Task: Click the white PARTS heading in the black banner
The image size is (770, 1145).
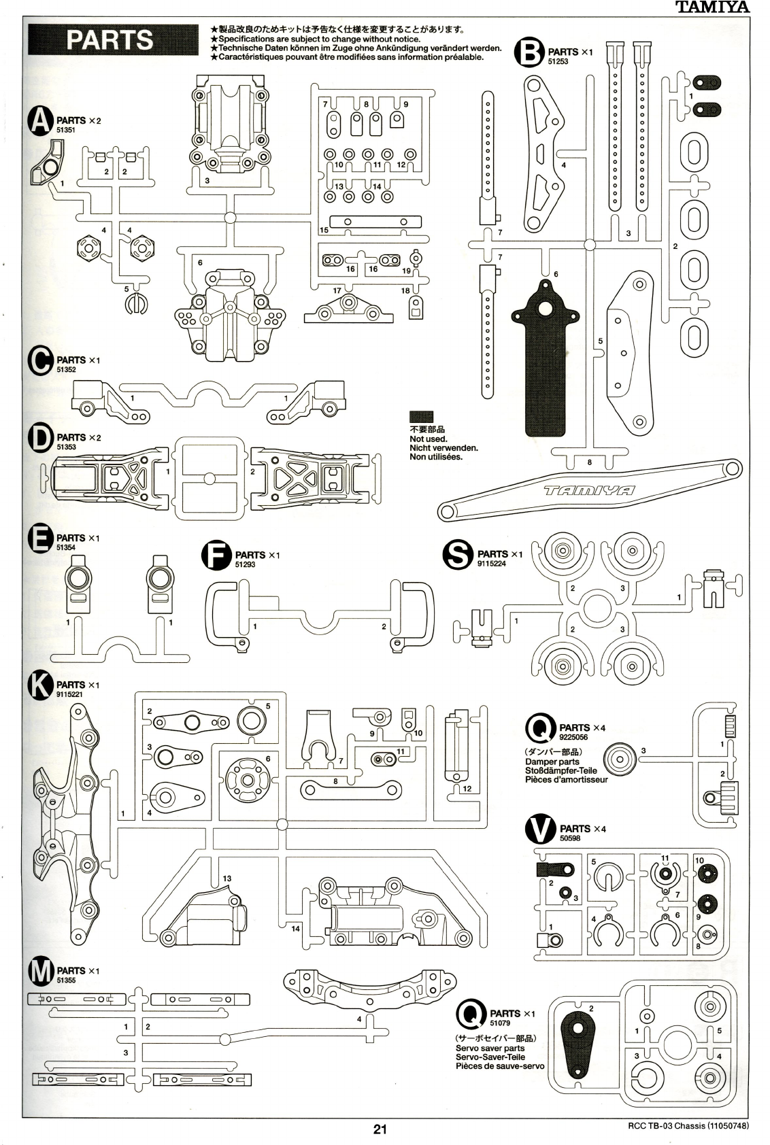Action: (110, 40)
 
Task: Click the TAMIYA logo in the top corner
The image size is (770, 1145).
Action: (712, 7)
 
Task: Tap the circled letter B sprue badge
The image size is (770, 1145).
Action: (529, 52)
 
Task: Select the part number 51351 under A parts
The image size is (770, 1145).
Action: (66, 129)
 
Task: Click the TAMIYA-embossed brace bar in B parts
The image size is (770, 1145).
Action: (589, 490)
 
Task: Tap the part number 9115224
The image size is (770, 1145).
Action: (492, 564)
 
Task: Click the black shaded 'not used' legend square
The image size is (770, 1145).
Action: (421, 417)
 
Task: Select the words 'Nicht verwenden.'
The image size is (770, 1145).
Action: (443, 448)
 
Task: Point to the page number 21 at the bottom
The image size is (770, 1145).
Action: (380, 1129)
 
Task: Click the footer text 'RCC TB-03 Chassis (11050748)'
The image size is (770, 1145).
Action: (688, 1126)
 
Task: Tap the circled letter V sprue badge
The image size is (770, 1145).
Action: (541, 830)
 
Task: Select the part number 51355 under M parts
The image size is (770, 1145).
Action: (66, 980)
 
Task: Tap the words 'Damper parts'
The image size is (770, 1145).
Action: (552, 762)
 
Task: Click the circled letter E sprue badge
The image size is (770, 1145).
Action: (41, 539)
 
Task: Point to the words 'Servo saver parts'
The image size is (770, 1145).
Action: (490, 1048)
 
